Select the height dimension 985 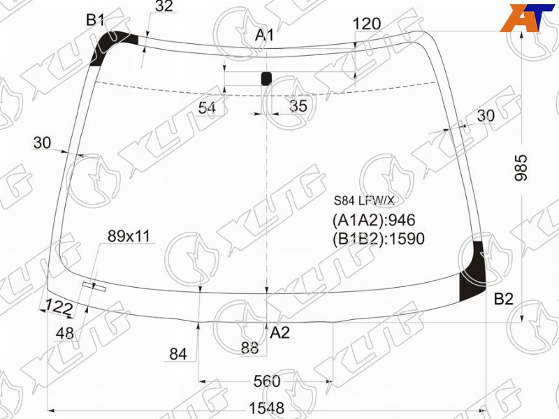[521, 168]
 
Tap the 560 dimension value [267, 381]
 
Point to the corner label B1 [95, 20]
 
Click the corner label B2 [503, 300]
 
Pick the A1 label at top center [265, 35]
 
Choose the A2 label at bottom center [280, 332]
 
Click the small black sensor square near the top [266, 78]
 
